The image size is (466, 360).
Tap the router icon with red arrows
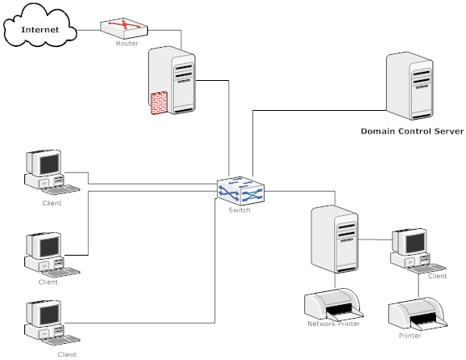124,28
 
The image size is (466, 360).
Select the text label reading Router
127,44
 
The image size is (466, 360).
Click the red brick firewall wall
159,104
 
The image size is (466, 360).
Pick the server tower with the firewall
172,80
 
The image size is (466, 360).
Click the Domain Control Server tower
409,86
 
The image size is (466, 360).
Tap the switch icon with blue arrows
240,191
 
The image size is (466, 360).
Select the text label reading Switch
239,210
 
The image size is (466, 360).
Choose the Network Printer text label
333,324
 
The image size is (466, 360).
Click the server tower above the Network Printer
334,239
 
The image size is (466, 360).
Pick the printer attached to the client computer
417,313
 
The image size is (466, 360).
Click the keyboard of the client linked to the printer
427,268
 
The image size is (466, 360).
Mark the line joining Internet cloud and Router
88,30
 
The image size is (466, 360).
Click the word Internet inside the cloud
40,30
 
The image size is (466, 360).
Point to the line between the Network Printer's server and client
375,239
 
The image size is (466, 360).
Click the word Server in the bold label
449,131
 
